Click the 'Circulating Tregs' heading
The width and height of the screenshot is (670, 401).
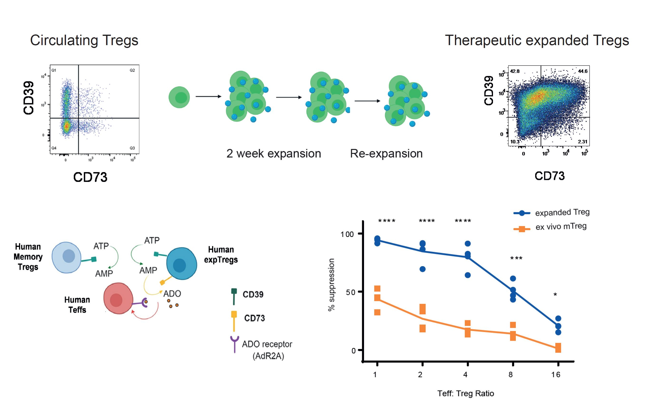84,41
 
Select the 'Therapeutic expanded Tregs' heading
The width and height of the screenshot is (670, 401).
537,41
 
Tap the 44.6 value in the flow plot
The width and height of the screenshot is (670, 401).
582,71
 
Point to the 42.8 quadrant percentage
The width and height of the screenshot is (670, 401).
515,71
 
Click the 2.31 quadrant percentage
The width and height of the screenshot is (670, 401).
582,142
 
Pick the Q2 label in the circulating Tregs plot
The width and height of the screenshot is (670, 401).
132,70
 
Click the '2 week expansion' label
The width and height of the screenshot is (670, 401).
274,153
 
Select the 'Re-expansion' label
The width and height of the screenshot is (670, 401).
386,153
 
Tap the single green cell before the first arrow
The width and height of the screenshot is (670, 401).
179,97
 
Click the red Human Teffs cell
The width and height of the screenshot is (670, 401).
118,299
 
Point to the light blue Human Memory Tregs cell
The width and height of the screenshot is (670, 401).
66,257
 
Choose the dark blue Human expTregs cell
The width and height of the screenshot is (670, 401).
181,264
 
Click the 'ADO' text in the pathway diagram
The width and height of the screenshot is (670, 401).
172,294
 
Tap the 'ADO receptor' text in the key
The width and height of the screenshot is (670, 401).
267,344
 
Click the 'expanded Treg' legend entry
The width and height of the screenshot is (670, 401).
562,212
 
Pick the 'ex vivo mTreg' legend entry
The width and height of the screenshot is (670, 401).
561,226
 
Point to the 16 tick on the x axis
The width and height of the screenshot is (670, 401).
556,374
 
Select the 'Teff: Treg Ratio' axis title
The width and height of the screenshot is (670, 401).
466,393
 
